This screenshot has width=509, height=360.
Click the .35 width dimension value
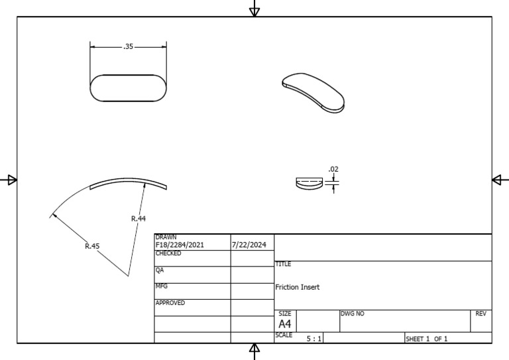point(129,47)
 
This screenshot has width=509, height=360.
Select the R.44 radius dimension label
point(139,219)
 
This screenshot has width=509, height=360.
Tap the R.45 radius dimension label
point(92,246)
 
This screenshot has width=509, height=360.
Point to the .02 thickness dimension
point(333,170)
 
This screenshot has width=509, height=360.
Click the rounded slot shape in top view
point(129,88)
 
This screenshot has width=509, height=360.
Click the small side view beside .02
point(309,184)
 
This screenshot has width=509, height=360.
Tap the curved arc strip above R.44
point(129,184)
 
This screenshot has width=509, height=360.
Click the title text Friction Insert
point(298,287)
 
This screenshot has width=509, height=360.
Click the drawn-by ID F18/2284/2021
point(180,245)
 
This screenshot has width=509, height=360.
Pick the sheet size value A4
point(285,324)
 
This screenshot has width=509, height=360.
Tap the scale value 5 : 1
point(314,339)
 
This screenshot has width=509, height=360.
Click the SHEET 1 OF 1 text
point(427,339)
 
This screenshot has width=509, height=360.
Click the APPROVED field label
point(171,303)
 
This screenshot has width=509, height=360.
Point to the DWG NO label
point(353,313)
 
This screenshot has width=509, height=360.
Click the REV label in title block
point(481,313)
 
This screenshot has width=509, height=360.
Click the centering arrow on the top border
point(254,9)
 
